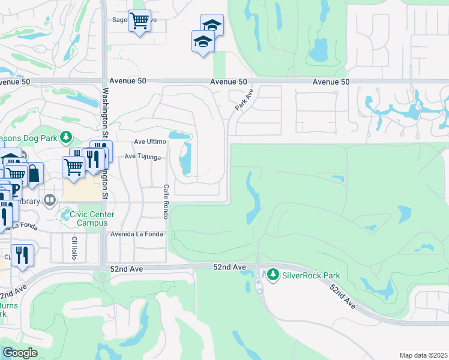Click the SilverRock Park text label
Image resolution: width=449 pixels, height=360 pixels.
coord(312,275)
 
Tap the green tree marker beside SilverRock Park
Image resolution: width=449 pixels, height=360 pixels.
coord(273,275)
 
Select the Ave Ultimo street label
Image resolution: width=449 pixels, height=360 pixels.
coord(149,142)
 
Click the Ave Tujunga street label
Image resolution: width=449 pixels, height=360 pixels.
coord(142,157)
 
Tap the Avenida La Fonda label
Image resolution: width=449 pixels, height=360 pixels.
coord(136,234)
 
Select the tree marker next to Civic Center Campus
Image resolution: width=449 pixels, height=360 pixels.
coord(64,214)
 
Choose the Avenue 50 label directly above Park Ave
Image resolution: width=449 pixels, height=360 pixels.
coord(229,82)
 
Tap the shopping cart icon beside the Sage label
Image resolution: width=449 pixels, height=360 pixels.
coord(139,21)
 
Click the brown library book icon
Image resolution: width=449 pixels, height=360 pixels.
coord(50,200)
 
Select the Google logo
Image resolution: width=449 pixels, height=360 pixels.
coord(20,353)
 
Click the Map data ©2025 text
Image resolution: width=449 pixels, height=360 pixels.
coord(424,355)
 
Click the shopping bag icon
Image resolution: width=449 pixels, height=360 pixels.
coord(34,173)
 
